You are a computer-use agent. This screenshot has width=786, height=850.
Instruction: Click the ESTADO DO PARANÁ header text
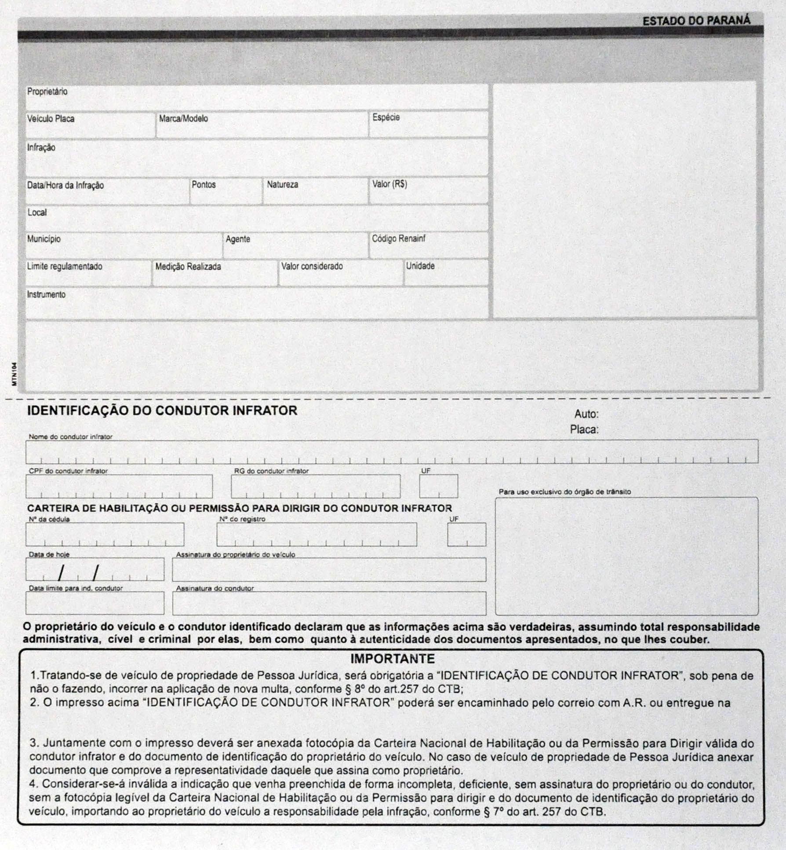point(696,21)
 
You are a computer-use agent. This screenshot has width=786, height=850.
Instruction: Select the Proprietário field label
point(47,92)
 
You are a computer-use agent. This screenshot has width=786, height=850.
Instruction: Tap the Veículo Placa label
point(51,119)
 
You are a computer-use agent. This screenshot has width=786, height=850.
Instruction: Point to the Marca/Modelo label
point(183,118)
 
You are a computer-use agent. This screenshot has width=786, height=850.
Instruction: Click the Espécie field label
point(386,117)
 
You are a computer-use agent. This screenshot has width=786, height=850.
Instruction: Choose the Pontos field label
point(204,185)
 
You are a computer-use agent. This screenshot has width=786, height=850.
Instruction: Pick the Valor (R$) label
point(389,184)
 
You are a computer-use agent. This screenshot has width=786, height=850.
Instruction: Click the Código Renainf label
point(398,238)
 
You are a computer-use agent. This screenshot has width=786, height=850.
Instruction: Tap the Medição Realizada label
point(188,267)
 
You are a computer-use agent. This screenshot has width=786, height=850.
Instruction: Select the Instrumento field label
point(46,294)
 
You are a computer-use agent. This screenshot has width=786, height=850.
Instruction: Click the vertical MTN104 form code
point(15,374)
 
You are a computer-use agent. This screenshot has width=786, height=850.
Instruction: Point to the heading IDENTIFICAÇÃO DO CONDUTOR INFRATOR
point(162,410)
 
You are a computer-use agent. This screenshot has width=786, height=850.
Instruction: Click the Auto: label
point(586,414)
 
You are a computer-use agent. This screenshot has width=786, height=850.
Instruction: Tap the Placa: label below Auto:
point(584,429)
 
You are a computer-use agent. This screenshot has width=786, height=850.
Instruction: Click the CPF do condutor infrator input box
point(119,486)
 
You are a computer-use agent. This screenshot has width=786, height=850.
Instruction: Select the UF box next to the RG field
point(438,486)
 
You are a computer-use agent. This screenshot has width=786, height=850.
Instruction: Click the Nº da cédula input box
point(105,535)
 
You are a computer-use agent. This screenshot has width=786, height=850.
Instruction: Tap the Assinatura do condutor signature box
point(329,603)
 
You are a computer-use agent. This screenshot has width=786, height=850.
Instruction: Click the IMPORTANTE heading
point(392,659)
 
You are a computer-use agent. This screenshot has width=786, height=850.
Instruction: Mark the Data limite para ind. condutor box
point(95,603)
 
